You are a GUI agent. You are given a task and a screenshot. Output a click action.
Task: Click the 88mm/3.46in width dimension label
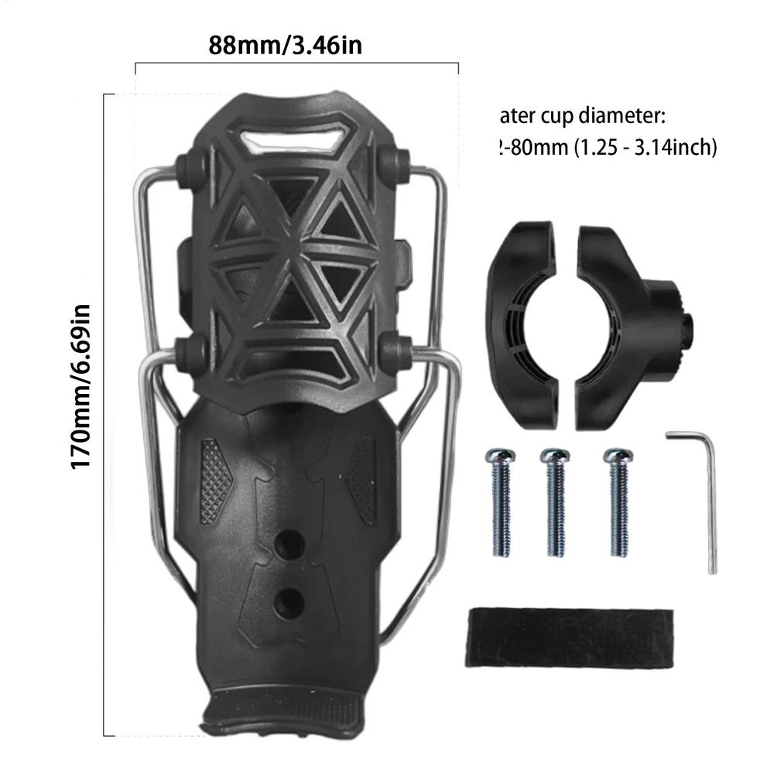[285, 46]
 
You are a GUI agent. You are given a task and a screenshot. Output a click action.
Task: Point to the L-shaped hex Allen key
[704, 495]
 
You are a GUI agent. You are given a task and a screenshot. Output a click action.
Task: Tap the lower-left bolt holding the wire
[189, 351]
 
